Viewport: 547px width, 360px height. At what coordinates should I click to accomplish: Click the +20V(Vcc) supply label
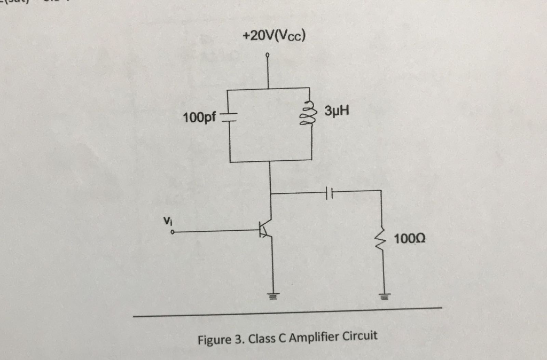pyautogui.click(x=274, y=37)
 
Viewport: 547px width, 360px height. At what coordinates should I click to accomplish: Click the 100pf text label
pyautogui.click(x=199, y=118)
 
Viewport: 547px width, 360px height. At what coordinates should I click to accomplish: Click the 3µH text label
pyautogui.click(x=337, y=112)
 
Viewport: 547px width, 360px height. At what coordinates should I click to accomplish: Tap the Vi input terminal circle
pyautogui.click(x=173, y=232)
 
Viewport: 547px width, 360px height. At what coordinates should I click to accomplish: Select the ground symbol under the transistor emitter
pyautogui.click(x=273, y=295)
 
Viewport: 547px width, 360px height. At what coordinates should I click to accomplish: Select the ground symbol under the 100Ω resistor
pyautogui.click(x=382, y=295)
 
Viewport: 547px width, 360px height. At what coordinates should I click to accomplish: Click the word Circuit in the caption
pyautogui.click(x=359, y=336)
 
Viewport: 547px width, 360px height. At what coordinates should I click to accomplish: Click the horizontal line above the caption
pyautogui.click(x=288, y=312)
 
